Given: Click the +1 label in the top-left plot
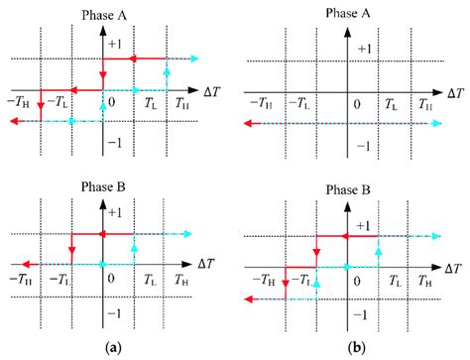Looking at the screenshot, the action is (x=117, y=47).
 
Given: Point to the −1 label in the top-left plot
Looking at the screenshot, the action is (x=117, y=141).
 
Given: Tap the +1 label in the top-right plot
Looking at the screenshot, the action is (x=365, y=48).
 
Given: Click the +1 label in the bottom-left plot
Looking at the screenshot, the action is (x=117, y=212).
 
